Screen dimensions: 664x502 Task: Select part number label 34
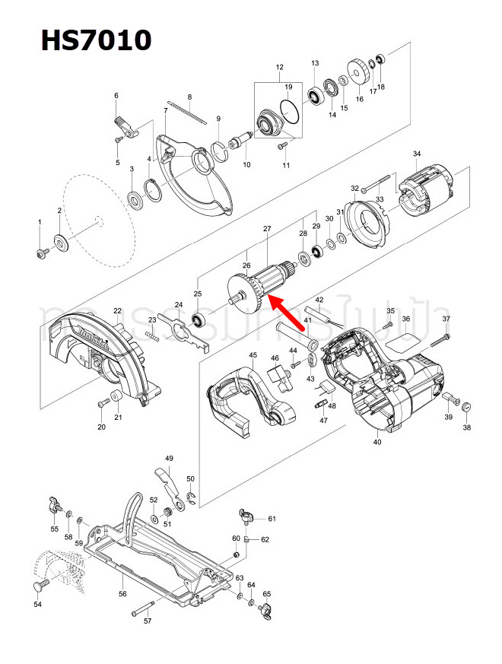coord(416,154)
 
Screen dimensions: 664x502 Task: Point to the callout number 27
coord(267,229)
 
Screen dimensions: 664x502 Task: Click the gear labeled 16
coord(358,73)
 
